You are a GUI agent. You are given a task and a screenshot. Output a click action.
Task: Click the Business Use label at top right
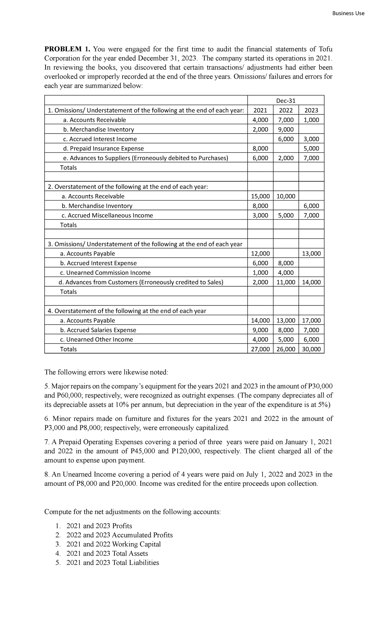tap(349, 13)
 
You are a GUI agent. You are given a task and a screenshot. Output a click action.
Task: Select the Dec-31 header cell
tap(286, 101)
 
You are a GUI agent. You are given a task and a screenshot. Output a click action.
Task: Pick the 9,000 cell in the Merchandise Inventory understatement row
tap(286, 129)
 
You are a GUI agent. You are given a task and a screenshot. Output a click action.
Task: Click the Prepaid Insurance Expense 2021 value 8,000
tap(260, 148)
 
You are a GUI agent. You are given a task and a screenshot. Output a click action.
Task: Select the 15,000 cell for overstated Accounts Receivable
tap(260, 196)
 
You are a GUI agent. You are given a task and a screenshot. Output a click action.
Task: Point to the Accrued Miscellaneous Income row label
tap(107, 216)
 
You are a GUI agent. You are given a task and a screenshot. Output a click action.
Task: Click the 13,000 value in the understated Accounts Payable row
tap(311, 254)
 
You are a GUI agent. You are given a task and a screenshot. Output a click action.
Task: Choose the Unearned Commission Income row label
tap(105, 273)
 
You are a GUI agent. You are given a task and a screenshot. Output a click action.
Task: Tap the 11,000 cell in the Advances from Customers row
tap(286, 282)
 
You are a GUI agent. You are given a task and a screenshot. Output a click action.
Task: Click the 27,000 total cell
tap(260, 349)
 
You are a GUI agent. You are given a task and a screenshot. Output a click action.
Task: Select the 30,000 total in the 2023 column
tap(311, 349)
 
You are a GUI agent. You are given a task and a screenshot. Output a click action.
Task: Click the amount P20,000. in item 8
tap(124, 484)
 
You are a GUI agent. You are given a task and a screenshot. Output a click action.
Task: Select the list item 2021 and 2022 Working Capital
tap(113, 544)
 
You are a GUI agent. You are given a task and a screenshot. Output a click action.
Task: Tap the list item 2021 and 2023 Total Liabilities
tap(112, 563)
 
